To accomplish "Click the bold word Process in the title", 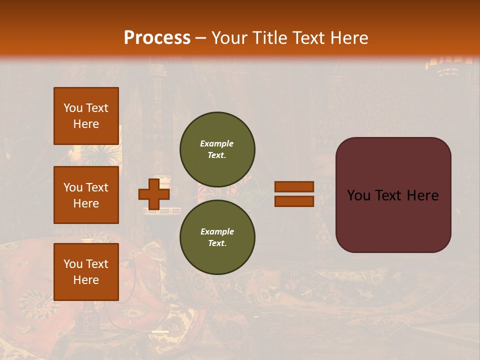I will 157,38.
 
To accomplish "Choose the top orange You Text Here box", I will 86,116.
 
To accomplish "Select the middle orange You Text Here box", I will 86,195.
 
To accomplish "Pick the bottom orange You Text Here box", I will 86,272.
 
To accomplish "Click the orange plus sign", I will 153,194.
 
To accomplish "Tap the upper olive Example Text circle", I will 217,149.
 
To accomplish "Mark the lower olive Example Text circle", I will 217,237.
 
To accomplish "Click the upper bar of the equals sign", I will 294,187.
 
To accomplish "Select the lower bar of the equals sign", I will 294,201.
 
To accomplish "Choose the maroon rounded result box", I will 393,195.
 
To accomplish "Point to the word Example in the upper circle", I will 216,143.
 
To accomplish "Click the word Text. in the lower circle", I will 217,243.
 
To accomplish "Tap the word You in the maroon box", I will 358,195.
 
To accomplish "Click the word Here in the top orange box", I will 86,124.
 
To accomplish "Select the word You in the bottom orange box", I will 72,264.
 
